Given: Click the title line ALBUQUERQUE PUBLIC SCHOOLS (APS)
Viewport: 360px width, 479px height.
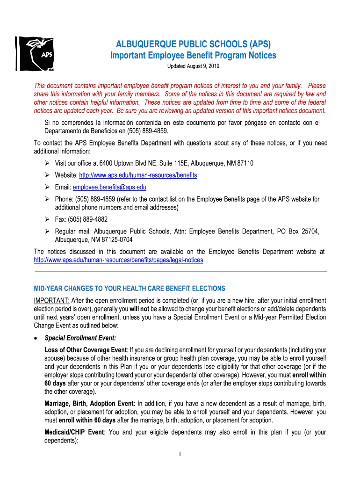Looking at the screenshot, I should point(193,45).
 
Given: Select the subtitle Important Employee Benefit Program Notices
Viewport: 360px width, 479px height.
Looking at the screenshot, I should point(193,56).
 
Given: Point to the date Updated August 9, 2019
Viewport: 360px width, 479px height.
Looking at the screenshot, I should point(193,66).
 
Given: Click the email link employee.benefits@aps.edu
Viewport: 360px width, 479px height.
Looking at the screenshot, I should point(109,187).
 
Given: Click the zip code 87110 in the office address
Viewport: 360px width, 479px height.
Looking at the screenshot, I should point(245,163).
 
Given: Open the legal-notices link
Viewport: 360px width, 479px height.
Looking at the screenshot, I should point(119,260).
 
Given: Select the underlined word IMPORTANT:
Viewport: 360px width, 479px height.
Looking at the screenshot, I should point(51,300).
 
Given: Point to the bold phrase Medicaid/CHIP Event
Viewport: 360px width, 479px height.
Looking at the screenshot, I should point(74,432).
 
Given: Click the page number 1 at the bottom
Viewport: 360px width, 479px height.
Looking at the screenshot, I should point(180,454).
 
